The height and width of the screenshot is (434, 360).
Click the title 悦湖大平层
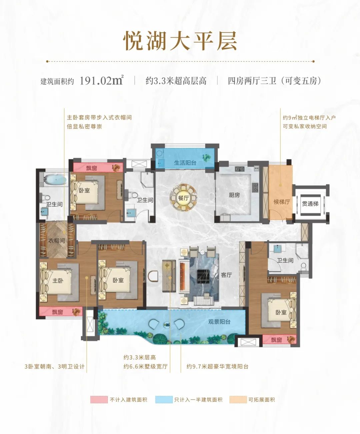(180, 41)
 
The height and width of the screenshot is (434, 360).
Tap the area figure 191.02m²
(102, 80)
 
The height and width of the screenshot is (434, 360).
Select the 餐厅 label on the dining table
(183, 198)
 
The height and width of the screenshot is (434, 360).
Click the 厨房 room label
(234, 195)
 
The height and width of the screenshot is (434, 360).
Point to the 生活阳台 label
(185, 162)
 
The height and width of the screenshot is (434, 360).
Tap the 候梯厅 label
(282, 201)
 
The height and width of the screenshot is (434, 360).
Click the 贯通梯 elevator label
(310, 204)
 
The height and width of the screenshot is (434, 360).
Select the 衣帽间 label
(57, 241)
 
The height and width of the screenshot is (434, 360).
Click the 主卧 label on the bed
(58, 281)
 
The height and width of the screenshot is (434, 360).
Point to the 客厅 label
(226, 275)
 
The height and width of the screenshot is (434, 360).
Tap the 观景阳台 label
(219, 322)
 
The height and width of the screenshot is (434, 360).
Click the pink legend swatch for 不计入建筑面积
(99, 400)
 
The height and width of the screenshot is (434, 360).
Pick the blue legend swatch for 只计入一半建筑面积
(164, 400)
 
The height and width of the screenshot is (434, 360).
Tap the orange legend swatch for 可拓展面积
(238, 400)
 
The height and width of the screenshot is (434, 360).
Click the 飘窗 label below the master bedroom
(58, 312)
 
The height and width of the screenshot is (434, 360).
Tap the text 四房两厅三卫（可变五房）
(274, 81)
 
